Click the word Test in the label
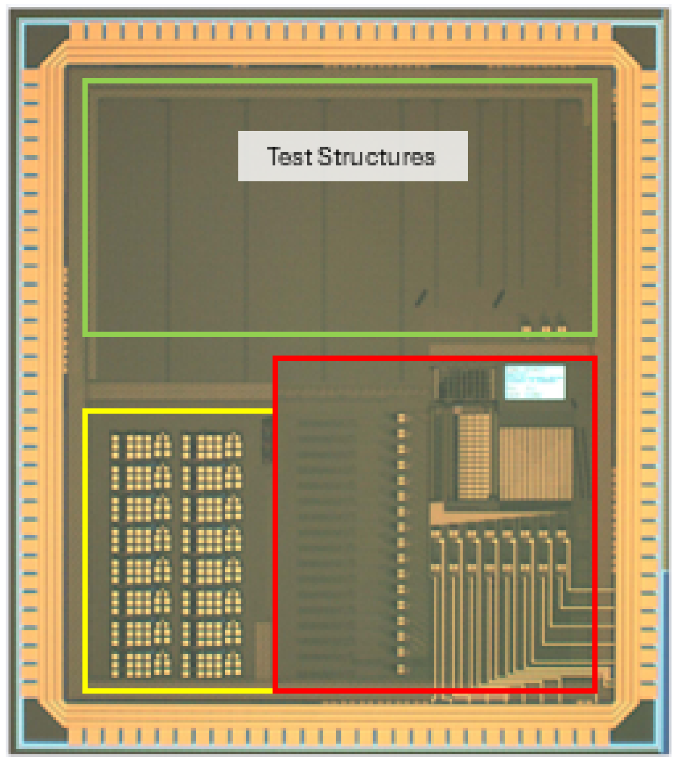(x=289, y=156)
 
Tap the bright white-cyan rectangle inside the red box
(x=534, y=382)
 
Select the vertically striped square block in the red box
(x=536, y=463)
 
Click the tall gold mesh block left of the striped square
(x=474, y=456)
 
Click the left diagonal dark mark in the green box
(x=421, y=298)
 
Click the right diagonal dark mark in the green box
(x=498, y=298)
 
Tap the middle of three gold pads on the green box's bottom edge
(x=546, y=329)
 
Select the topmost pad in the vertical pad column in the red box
(x=401, y=418)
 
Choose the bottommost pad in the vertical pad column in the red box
(x=401, y=669)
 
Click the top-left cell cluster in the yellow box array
(x=141, y=446)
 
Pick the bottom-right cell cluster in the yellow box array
(x=212, y=664)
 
